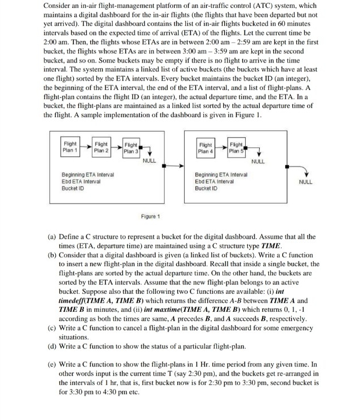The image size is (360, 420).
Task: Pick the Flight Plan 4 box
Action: coord(206,148)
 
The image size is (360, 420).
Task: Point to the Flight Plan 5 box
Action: coord(235,148)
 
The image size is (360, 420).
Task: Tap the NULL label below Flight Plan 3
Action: coord(149,160)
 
